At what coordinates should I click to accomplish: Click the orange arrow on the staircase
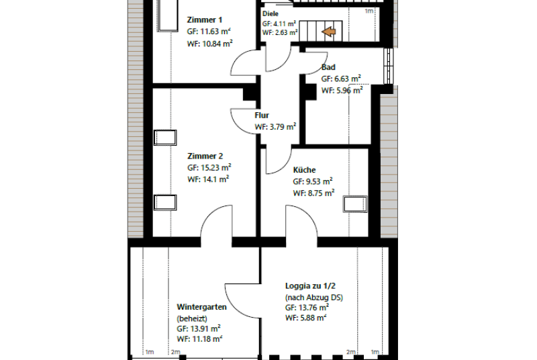pyautogui.click(x=329, y=32)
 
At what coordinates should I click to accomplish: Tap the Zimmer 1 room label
pyautogui.click(x=205, y=19)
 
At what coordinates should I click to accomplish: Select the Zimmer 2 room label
pyautogui.click(x=205, y=156)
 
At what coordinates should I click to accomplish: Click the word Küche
pyautogui.click(x=304, y=170)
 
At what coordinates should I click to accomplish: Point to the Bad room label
pyautogui.click(x=328, y=67)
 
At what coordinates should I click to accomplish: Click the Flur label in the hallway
pyautogui.click(x=262, y=115)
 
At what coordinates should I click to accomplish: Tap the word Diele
pyautogui.click(x=271, y=13)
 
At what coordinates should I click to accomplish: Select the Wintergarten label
pyautogui.click(x=201, y=307)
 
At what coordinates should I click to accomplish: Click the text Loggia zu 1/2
pyautogui.click(x=310, y=285)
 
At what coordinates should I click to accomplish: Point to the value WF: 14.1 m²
pyautogui.click(x=208, y=179)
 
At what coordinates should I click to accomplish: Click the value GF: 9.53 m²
pyautogui.click(x=313, y=181)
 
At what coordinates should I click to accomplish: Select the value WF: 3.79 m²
pyautogui.click(x=275, y=127)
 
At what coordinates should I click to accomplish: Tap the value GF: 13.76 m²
pyautogui.click(x=307, y=307)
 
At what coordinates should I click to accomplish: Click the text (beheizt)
pyautogui.click(x=192, y=318)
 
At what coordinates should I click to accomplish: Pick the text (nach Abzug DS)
pyautogui.click(x=314, y=298)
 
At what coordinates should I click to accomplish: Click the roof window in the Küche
pyautogui.click(x=355, y=204)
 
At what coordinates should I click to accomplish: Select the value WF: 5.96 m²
pyautogui.click(x=342, y=91)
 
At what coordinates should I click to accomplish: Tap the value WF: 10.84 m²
pyautogui.click(x=210, y=44)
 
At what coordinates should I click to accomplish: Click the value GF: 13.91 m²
pyautogui.click(x=199, y=328)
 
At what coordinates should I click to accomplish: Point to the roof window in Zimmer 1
pyautogui.click(x=167, y=15)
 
